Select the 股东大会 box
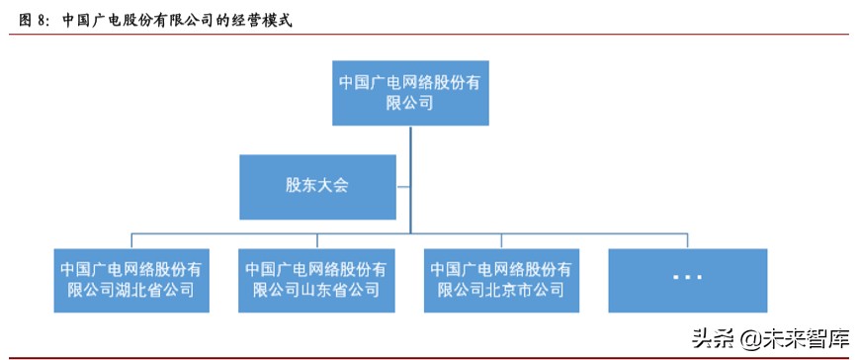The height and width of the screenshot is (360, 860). [318, 186]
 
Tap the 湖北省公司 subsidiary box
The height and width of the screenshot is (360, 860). [132, 279]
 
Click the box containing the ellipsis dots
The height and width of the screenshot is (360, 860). [687, 279]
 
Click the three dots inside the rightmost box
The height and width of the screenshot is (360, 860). [687, 278]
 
